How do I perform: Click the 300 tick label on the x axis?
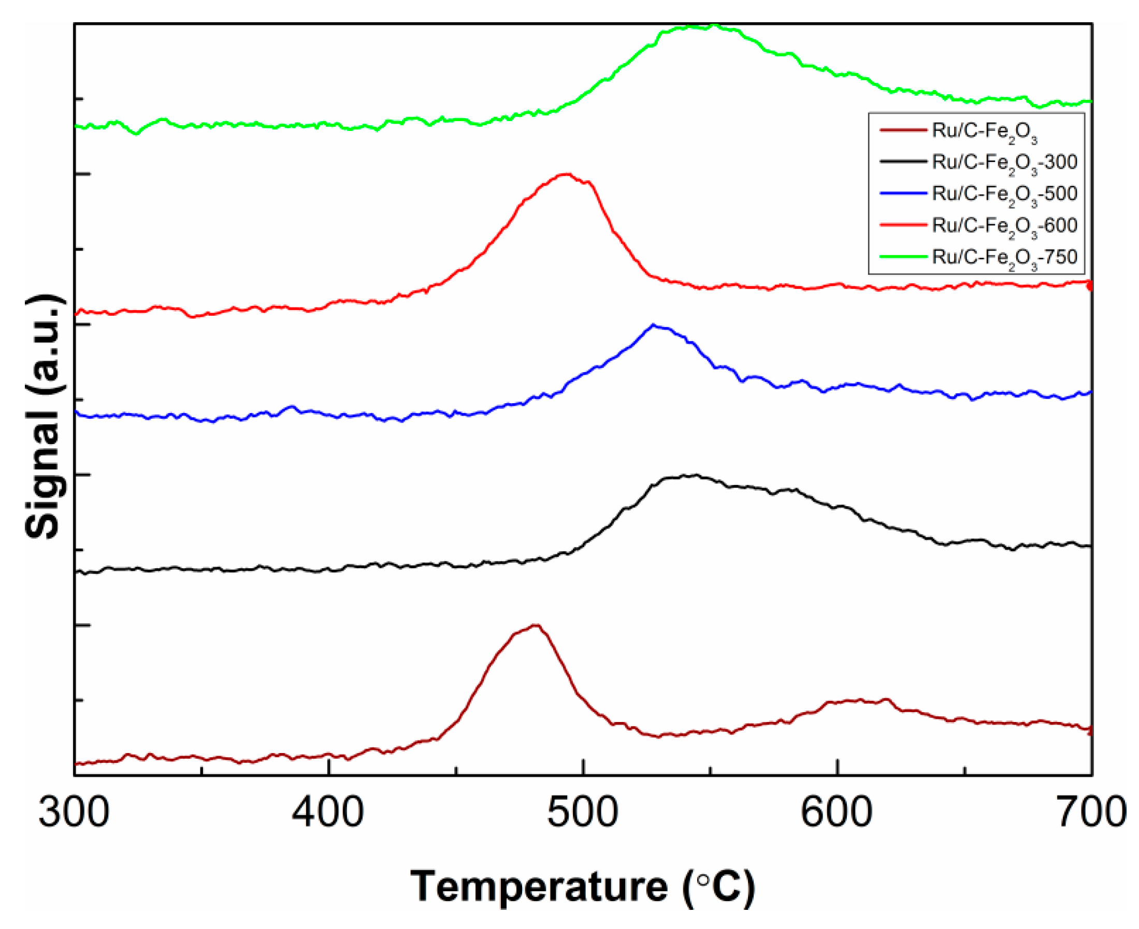(74, 813)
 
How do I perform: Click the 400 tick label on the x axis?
(328, 813)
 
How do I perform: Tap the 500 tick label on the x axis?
(583, 813)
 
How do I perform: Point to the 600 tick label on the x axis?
(837, 813)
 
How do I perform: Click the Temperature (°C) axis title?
(583, 887)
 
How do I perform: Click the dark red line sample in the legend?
(903, 130)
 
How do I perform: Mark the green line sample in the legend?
(903, 257)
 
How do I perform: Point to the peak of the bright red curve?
(566, 174)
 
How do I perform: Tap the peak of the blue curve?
(653, 325)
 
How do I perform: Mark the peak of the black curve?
(695, 475)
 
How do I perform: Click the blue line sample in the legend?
(903, 194)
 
